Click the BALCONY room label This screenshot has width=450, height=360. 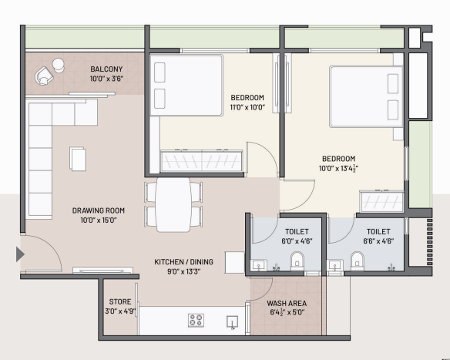tap(106, 69)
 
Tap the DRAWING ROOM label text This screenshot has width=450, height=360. tap(99, 210)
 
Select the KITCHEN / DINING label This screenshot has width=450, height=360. tap(183, 262)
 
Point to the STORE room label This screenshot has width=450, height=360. tap(120, 301)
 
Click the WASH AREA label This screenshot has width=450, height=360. tap(287, 304)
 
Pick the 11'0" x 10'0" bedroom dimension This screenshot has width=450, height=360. tap(247, 107)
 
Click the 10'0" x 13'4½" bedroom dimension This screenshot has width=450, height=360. tap(338, 168)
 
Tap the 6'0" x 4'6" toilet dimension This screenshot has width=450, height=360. tap(297, 241)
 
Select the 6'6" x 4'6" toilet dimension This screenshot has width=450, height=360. tap(378, 241)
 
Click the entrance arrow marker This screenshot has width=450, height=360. tap(19, 254)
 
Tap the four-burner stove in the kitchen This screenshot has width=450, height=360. tap(196, 321)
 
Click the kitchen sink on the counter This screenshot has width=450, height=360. tap(232, 322)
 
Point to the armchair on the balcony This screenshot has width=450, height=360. tap(44, 76)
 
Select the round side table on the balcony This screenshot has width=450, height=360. tap(59, 66)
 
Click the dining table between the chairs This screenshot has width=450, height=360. tap(173, 205)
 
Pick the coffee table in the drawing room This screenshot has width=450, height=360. tap(78, 159)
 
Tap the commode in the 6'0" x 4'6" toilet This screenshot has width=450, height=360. tap(297, 261)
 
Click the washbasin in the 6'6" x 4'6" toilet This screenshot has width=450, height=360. tap(335, 265)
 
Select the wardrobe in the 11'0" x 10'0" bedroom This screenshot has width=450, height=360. tap(201, 161)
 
